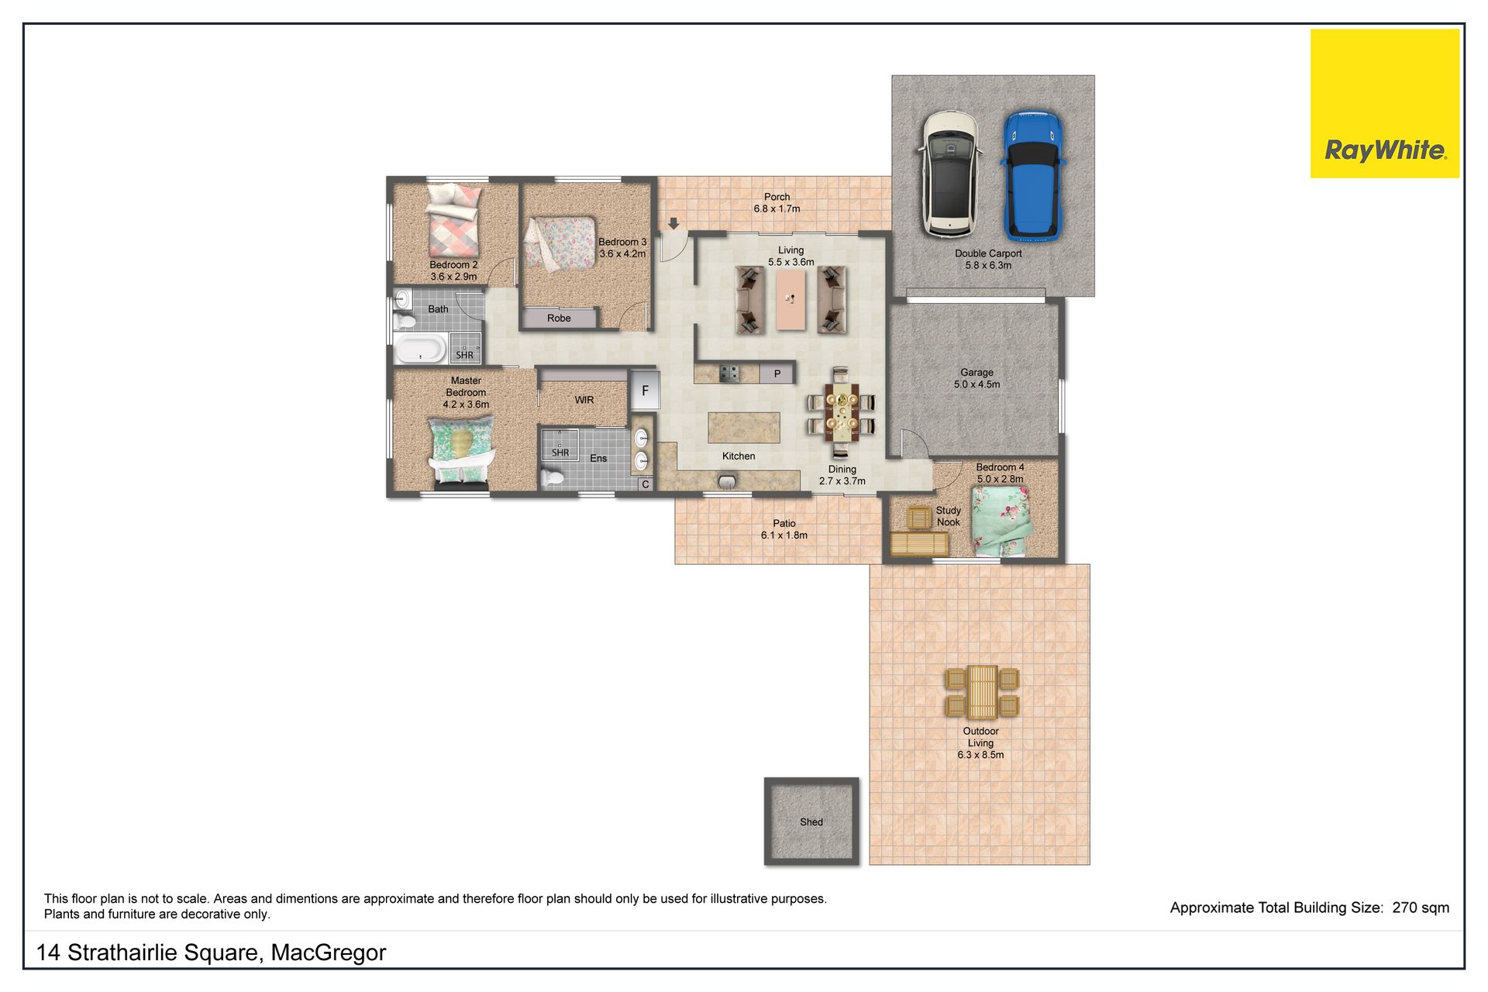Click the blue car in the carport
(x=1032, y=175)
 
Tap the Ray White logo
(x=1384, y=103)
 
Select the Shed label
(x=811, y=822)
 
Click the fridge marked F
(x=645, y=390)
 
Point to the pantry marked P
(x=777, y=374)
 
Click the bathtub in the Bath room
(x=420, y=349)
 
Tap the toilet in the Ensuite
(x=552, y=477)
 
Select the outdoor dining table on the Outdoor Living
(x=981, y=692)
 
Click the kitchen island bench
(x=744, y=428)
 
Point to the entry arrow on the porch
(x=673, y=223)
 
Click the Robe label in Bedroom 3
(x=559, y=319)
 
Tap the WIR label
(x=584, y=400)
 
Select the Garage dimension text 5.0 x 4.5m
(x=976, y=384)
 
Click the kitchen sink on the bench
(x=726, y=482)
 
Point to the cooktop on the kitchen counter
(x=728, y=374)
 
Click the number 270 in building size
(x=1404, y=908)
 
